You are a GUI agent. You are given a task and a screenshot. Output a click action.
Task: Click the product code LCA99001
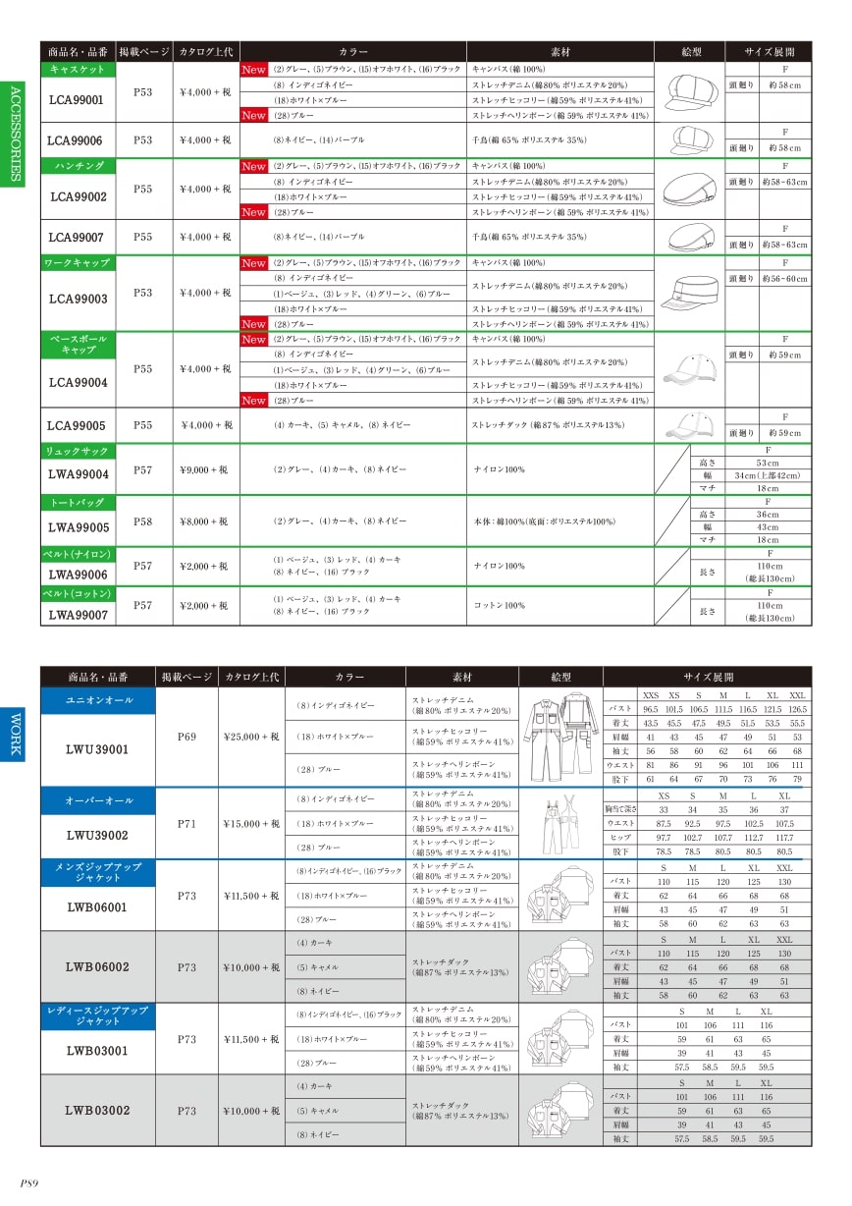(x=75, y=99)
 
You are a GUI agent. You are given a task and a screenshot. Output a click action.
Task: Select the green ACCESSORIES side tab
(x=14, y=132)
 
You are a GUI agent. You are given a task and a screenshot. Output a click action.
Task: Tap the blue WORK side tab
(x=14, y=733)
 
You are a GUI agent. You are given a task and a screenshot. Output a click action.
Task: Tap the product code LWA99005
(x=78, y=526)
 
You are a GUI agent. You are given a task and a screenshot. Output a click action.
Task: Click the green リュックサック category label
(x=78, y=451)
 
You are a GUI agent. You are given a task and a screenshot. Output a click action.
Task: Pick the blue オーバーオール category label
(x=98, y=799)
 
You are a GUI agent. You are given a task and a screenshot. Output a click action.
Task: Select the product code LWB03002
(x=97, y=1110)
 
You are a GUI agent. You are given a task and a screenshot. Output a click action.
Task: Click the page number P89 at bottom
(x=29, y=1183)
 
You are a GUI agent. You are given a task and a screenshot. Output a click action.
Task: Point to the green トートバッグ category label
(x=78, y=502)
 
